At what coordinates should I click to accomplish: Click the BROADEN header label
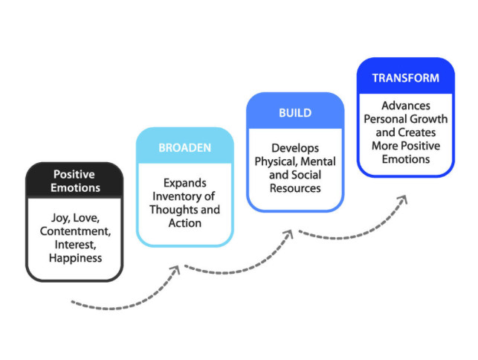(x=184, y=147)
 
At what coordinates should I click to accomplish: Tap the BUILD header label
(x=295, y=114)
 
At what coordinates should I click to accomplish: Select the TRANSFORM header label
(x=405, y=77)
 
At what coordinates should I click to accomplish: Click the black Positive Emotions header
(x=74, y=181)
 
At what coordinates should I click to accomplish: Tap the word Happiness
(x=74, y=258)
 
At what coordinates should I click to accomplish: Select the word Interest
(x=73, y=245)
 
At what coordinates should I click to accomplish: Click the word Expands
(x=184, y=183)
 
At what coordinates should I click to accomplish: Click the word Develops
(x=295, y=149)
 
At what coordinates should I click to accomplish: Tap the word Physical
(x=274, y=162)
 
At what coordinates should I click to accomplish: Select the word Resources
(x=295, y=188)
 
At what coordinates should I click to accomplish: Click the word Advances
(x=405, y=106)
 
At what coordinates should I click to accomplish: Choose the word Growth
(x=429, y=120)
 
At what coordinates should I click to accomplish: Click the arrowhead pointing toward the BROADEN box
(x=175, y=269)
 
